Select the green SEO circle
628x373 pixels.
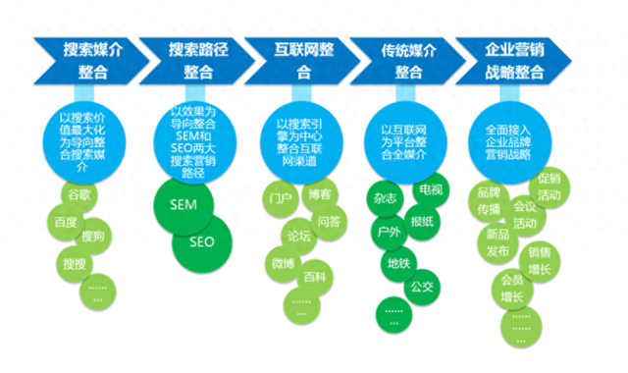click(x=201, y=241)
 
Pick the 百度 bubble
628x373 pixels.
click(x=68, y=223)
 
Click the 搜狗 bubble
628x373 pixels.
click(x=95, y=237)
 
